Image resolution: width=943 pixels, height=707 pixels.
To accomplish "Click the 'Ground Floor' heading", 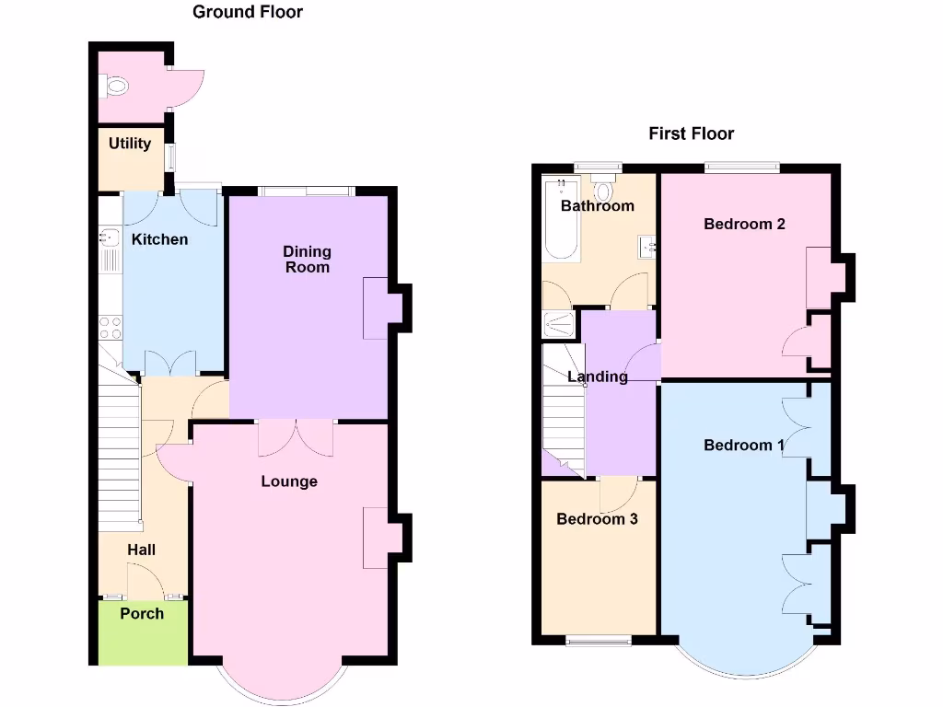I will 247,12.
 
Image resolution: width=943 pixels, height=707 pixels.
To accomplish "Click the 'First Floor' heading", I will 691,133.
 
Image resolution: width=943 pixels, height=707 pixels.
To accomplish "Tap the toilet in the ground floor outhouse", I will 116,87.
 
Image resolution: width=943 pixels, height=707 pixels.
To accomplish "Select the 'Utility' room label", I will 130,144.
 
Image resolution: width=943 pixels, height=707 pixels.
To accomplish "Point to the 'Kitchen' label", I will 159,239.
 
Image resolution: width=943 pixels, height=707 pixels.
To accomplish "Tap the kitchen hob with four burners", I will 110,328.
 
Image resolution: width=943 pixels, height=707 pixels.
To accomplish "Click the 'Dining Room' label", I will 307,259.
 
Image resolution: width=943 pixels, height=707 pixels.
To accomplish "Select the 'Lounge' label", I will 289,481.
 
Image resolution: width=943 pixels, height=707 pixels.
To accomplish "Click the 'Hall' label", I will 141,550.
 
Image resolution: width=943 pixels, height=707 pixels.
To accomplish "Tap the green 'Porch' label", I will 142,613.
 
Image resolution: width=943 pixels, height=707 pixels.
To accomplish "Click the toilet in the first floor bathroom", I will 603,190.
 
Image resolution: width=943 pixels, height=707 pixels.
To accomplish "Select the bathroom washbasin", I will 647,246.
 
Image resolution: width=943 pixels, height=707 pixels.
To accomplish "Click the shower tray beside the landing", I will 559,324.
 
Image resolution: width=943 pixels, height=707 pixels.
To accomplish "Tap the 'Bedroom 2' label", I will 744,224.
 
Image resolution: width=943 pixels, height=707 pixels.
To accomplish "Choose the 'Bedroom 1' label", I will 743,446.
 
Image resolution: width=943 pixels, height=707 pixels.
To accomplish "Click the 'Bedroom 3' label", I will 597,519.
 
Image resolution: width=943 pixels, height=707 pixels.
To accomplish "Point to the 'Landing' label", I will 598,377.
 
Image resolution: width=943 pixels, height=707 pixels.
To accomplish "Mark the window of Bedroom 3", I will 598,640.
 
